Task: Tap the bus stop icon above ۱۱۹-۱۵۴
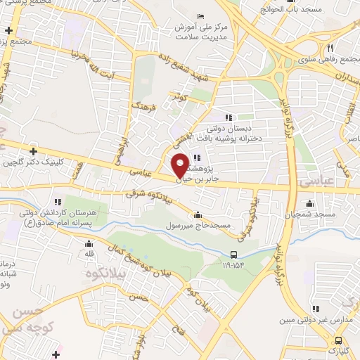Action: (x=233, y=255)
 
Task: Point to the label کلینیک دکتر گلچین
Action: (x=34, y=162)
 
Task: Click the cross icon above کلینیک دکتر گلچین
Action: (x=33, y=150)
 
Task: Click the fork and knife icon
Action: (x=328, y=47)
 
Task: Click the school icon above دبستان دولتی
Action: (x=228, y=117)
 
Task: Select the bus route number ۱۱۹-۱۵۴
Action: (x=232, y=266)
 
